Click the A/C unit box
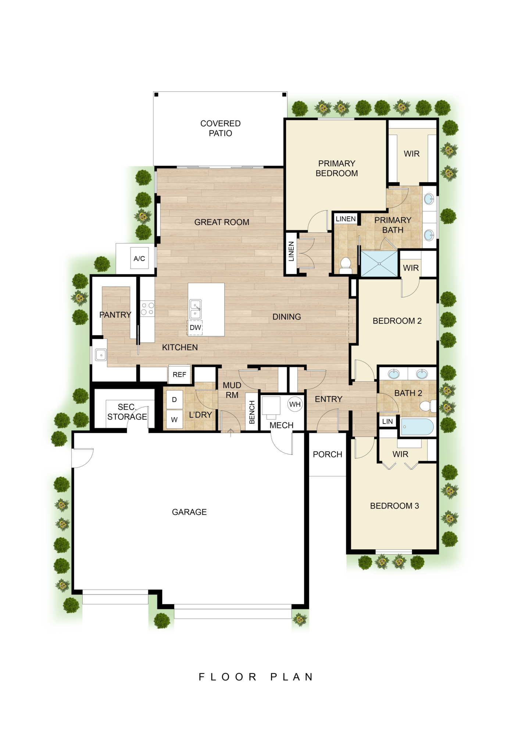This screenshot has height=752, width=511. click(x=139, y=258)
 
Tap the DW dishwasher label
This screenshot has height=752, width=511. click(x=195, y=327)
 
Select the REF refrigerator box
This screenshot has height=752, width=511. click(x=179, y=375)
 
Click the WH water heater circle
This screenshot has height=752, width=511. click(x=295, y=404)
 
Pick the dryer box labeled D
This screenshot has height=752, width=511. click(x=175, y=399)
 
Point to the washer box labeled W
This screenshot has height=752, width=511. click(x=175, y=419)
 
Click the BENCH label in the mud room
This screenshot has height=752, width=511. click(x=252, y=412)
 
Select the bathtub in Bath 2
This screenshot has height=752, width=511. click(x=417, y=427)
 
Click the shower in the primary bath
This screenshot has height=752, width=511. click(x=379, y=263)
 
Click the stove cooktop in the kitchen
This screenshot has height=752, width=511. click(x=147, y=308)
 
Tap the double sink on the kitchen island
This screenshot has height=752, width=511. click(x=195, y=309)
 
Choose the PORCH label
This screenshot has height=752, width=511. click(x=327, y=454)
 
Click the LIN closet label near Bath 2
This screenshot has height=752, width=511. click(x=387, y=422)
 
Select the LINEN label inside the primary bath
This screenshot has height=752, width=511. click(x=346, y=219)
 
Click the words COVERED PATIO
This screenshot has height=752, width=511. click(x=221, y=128)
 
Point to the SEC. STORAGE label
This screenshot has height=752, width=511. click(x=127, y=412)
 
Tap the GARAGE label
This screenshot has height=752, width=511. click(x=189, y=512)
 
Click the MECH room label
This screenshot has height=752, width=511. click(x=281, y=425)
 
